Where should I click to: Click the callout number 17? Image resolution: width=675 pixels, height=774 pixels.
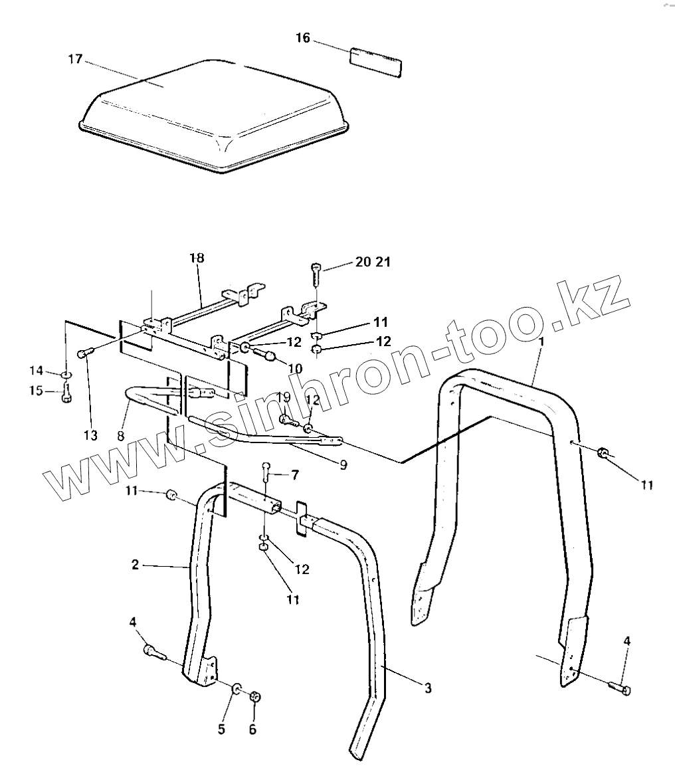pyautogui.click(x=74, y=60)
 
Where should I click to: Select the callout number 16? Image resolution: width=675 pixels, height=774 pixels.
pyautogui.click(x=302, y=39)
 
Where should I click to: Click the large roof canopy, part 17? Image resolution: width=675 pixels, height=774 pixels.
pyautogui.click(x=213, y=116)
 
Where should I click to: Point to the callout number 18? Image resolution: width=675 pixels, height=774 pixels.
pyautogui.click(x=197, y=258)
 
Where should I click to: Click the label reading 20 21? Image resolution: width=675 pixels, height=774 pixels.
pyautogui.click(x=373, y=262)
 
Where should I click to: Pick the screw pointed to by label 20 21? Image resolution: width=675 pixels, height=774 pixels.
pyautogui.click(x=315, y=273)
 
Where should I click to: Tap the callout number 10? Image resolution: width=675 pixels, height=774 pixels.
pyautogui.click(x=295, y=368)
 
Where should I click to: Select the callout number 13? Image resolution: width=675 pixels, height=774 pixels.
pyautogui.click(x=90, y=436)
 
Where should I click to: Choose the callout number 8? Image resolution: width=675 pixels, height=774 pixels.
pyautogui.click(x=120, y=436)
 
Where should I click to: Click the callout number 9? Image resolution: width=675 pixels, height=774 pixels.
pyautogui.click(x=343, y=465)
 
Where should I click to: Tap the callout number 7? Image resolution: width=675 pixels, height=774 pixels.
pyautogui.click(x=294, y=474)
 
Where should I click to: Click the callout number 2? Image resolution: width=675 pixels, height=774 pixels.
pyautogui.click(x=136, y=565)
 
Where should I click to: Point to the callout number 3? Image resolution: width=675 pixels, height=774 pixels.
pyautogui.click(x=428, y=688)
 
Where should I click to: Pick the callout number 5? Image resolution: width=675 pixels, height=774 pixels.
pyautogui.click(x=221, y=729)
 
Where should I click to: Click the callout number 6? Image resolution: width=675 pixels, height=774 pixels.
pyautogui.click(x=252, y=729)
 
